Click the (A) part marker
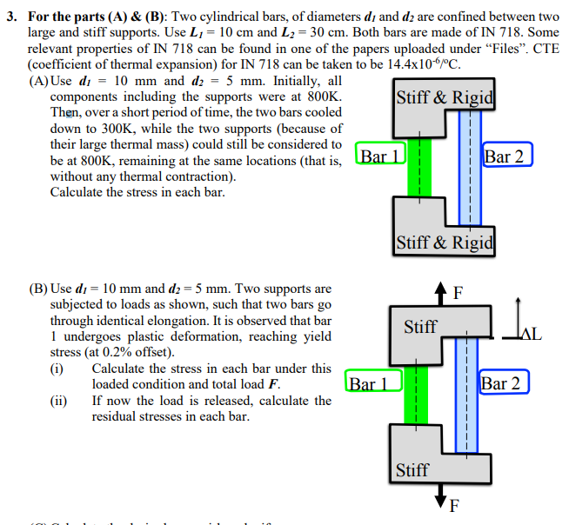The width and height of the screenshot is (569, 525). tap(39, 81)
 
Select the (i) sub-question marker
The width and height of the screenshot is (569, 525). tap(58, 369)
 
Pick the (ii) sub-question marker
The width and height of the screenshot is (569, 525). tap(60, 401)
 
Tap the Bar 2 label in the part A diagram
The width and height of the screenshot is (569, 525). tap(505, 156)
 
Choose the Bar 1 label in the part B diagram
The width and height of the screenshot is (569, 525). tap(373, 382)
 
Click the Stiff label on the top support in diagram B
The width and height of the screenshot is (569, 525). tap(420, 327)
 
